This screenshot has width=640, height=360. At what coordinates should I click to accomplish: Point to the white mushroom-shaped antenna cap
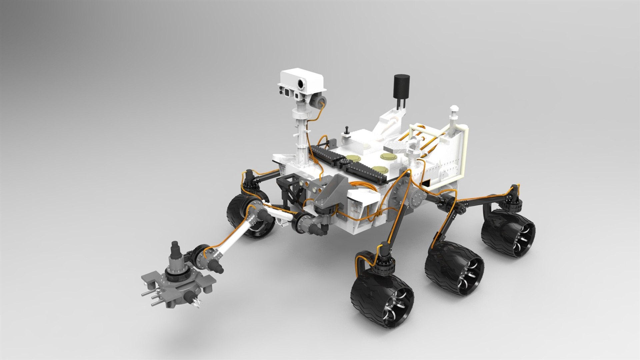pyautogui.click(x=454, y=109)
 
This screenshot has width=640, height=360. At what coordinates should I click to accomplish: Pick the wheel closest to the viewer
pyautogui.click(x=382, y=302)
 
